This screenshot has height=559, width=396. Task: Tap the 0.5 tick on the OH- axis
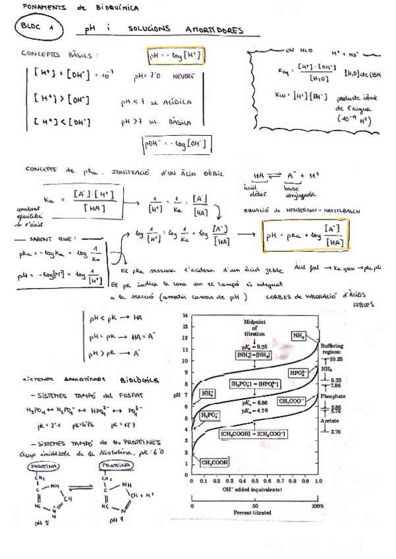pyautogui.click(x=255, y=482)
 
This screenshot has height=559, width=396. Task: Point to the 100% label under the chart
pyautogui.click(x=318, y=506)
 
